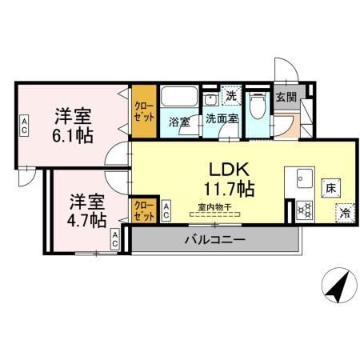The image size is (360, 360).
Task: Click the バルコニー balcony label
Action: coord(214,238)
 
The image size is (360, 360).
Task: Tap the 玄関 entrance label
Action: coord(285,96)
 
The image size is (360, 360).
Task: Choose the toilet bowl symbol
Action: coord(258,106)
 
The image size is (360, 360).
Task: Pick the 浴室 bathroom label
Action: coord(178,122)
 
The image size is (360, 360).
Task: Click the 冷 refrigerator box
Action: coord(345,214)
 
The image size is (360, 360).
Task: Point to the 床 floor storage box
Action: coord(330,189)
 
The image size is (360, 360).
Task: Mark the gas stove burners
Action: coord(304,210)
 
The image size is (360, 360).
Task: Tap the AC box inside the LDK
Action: coord(166,211)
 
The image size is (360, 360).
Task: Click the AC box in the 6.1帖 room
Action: coord(25,126)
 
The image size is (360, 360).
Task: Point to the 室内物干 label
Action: coord(214,207)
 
